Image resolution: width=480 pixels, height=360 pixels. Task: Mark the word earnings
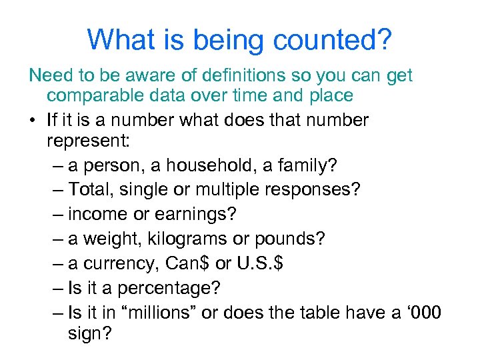[x=192, y=214]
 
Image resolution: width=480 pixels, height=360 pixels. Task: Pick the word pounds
[x=287, y=239]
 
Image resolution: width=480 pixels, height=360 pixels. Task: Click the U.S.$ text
[x=260, y=263]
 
